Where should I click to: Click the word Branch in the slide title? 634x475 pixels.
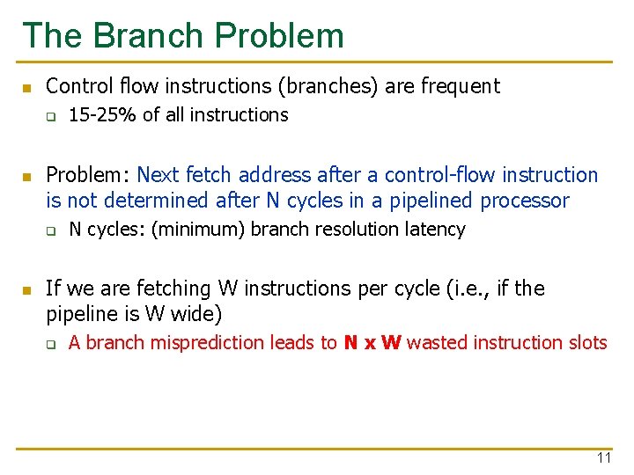click(149, 35)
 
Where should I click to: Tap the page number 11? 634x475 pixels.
click(604, 457)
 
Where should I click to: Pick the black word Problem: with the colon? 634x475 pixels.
click(88, 175)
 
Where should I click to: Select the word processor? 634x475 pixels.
click(525, 201)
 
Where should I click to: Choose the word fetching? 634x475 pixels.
click(166, 289)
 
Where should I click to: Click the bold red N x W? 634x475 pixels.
click(372, 343)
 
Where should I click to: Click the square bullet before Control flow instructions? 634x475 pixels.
click(27, 87)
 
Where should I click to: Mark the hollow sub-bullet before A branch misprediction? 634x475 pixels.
click(51, 344)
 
